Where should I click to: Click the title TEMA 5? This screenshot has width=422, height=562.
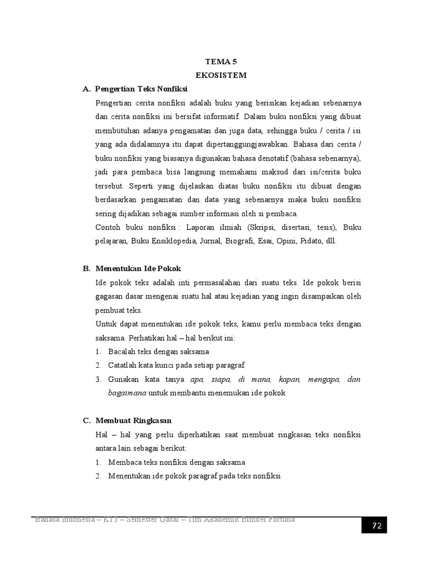pos(222,63)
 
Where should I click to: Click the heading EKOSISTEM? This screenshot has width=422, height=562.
pos(222,76)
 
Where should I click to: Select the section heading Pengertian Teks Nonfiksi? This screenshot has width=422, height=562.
pos(141,89)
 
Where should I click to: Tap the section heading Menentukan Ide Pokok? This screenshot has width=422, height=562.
pos(138,269)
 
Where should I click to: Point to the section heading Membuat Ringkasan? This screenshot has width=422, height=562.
pos(134,420)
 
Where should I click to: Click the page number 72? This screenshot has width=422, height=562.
pos(376,526)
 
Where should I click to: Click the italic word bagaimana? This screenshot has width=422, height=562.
pos(126,393)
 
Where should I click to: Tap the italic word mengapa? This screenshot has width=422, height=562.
pos(324,379)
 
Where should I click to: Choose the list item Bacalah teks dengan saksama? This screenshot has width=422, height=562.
pos(159,351)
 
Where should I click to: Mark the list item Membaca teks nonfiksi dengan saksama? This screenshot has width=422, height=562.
pos(177,462)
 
